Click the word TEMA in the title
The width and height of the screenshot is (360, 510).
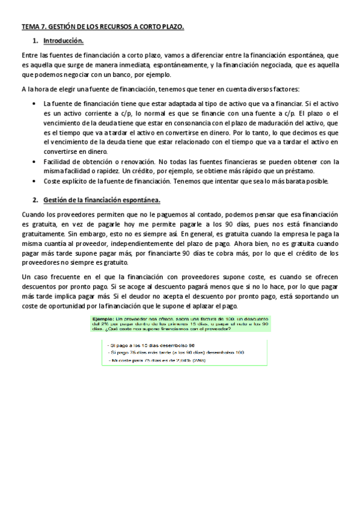tap(30, 27)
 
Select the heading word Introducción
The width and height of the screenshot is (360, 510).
tap(63, 41)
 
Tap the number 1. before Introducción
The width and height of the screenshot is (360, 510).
tap(36, 41)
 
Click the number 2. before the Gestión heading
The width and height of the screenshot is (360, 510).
tap(36, 200)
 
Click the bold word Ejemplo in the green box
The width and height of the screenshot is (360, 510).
tap(106, 318)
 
